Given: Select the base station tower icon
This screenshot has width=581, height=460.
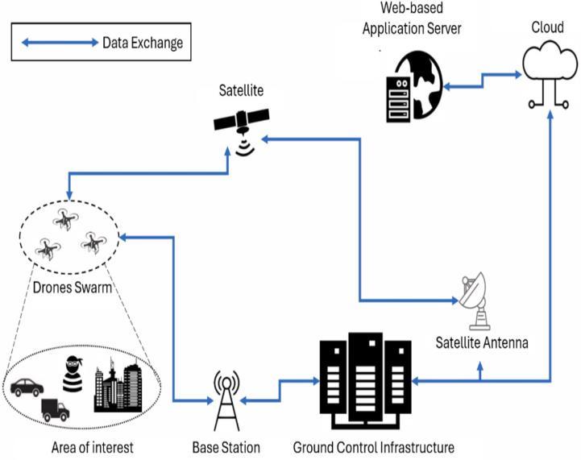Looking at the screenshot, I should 226,402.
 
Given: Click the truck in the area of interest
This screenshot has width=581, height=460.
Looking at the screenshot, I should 54,409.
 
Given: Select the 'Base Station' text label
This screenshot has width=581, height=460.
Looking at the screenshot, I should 226,447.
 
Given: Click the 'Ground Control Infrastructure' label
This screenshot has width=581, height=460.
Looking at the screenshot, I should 373,447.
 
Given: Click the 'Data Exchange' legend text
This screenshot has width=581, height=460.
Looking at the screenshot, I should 143,43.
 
